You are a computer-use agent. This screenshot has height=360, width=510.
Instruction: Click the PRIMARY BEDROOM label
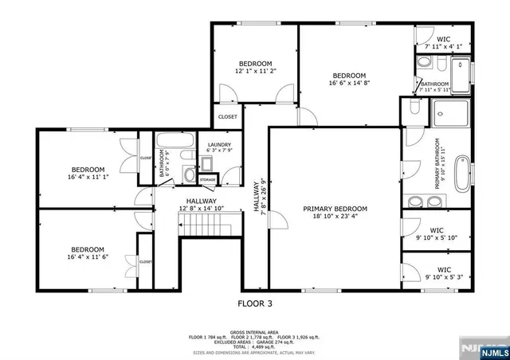(335, 209)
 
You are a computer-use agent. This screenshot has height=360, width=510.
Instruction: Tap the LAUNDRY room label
(218, 144)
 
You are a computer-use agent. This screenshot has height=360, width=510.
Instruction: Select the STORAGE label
(207, 180)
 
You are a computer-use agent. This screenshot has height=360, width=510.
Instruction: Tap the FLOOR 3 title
(255, 303)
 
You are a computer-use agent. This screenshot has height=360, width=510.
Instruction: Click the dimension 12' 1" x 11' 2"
(255, 72)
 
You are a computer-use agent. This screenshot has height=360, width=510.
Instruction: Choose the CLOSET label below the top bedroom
(227, 116)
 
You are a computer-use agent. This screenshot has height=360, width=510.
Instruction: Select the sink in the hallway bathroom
(188, 174)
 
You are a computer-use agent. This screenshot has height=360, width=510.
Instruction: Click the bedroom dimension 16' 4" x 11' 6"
(88, 257)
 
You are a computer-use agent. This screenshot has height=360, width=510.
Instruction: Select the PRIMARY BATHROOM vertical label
(439, 163)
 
